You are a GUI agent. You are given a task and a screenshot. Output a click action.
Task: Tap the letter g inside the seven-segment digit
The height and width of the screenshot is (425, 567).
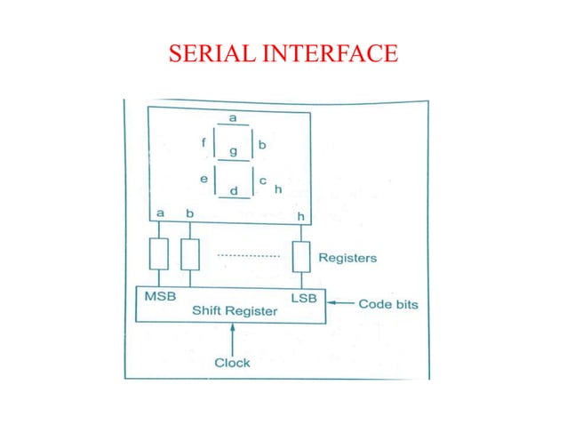tap(234, 151)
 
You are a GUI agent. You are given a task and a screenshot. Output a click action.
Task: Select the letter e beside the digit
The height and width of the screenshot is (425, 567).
tap(204, 179)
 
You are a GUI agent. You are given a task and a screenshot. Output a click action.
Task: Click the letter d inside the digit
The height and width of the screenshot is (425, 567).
tap(234, 190)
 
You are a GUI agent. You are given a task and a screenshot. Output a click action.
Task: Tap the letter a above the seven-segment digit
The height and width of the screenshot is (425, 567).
tap(233, 117)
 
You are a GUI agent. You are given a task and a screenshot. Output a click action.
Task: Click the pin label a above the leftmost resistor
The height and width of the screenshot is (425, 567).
tap(160, 213)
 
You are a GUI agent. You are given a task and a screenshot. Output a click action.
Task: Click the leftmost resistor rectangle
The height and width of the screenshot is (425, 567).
tap(159, 254)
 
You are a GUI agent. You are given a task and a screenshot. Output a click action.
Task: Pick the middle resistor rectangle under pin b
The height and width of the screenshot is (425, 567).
tap(189, 254)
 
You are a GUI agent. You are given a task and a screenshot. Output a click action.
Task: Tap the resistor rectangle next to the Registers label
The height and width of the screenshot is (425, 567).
tap(300, 258)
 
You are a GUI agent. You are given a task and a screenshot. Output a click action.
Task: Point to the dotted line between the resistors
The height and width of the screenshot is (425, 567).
tap(248, 255)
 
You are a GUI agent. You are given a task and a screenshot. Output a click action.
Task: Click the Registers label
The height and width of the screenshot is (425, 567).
tap(347, 259)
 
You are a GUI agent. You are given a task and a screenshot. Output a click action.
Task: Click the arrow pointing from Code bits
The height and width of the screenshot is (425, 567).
tap(340, 305)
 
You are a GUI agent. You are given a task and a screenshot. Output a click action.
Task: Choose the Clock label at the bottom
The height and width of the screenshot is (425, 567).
tap(233, 363)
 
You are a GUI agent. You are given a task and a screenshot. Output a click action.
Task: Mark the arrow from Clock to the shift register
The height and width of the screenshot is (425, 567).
tap(233, 339)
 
